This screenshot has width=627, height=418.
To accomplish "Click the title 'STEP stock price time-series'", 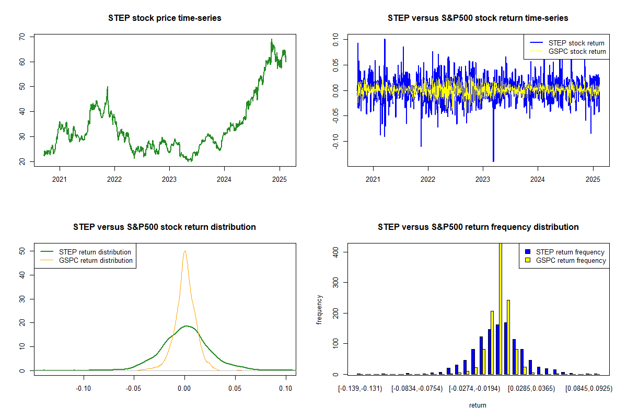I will pos(165,18).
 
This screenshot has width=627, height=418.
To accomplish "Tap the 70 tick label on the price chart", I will pos(22,37).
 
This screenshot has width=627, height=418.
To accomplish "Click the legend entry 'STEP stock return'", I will pos(576,43).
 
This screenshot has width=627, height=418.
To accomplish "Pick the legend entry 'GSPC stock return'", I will pos(577,51).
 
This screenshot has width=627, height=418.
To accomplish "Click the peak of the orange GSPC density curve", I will pos(184,251).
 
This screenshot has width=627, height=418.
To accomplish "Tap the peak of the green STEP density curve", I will pos(187,326).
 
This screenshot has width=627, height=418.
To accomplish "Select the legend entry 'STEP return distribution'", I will pos(95,252).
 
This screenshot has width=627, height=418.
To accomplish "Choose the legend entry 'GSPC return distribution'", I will pos(96,260).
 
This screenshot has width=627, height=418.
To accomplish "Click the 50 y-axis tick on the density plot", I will pos(22,251).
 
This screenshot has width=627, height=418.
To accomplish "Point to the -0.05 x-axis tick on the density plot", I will pos(134,388).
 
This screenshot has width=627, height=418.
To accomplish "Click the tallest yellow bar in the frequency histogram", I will pos(501,308).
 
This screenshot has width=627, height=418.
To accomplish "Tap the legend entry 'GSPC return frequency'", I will pos(571,260).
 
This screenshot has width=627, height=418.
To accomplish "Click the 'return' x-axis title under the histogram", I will pos(478,405).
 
